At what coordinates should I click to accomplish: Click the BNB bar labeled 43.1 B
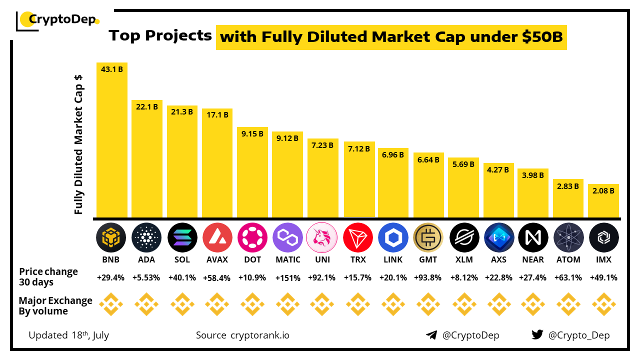tap(112, 140)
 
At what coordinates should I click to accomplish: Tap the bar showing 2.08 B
tap(603, 201)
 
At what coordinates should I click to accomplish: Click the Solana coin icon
tap(182, 237)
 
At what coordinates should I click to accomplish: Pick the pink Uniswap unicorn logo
tap(323, 237)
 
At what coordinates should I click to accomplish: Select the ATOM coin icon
tap(568, 237)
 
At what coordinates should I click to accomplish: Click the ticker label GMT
tap(428, 259)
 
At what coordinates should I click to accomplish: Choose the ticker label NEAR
tap(533, 259)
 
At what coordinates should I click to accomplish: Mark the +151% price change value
tap(288, 277)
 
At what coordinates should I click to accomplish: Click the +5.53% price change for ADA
tap(147, 277)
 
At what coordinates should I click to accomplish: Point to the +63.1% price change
tap(568, 277)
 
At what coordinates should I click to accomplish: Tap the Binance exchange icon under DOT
tap(252, 304)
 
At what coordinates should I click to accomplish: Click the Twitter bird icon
tap(537, 335)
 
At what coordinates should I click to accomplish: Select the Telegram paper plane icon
tap(431, 335)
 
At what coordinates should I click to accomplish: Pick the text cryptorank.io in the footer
tap(259, 335)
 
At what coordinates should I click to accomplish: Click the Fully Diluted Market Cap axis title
tap(78, 145)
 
